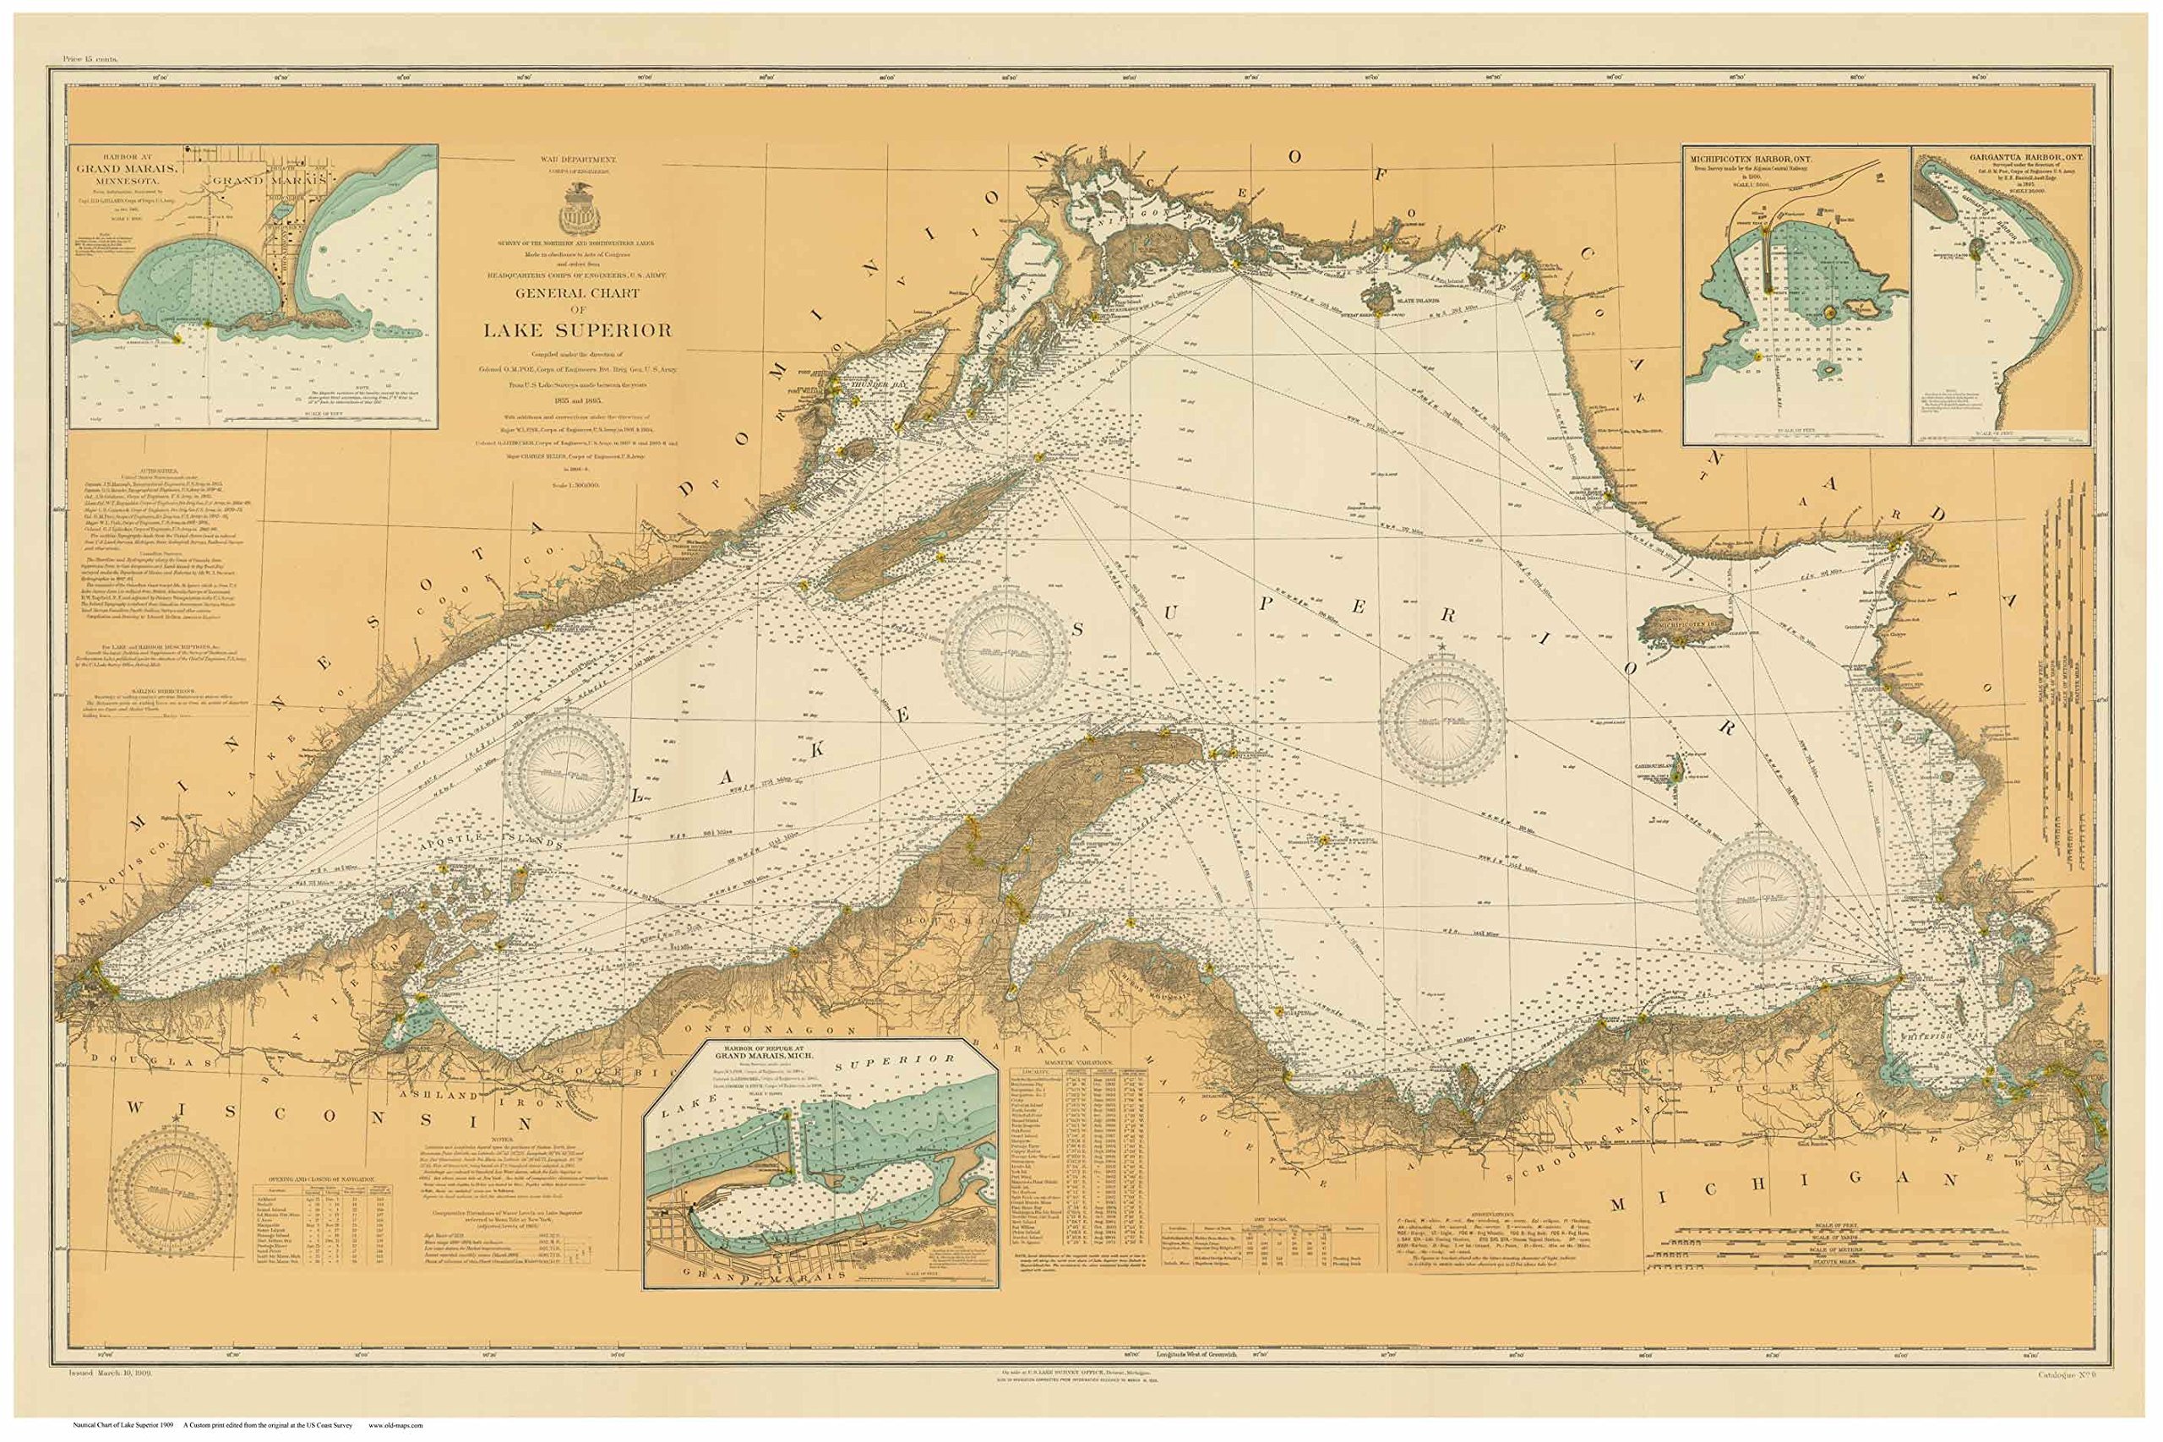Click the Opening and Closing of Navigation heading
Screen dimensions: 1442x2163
pos(321,1179)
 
